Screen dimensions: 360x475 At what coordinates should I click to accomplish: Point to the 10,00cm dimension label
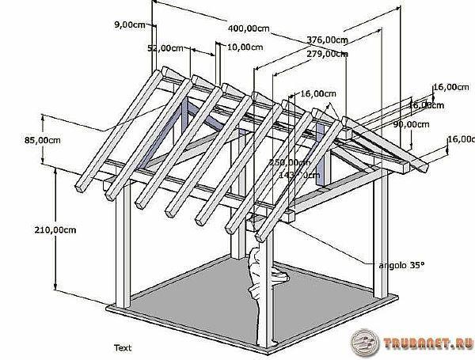(x=245, y=47)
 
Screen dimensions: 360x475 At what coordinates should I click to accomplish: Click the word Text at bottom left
(x=122, y=347)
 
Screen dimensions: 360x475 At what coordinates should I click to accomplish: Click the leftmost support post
(x=122, y=253)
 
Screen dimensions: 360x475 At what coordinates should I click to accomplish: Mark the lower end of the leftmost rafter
(x=82, y=187)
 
